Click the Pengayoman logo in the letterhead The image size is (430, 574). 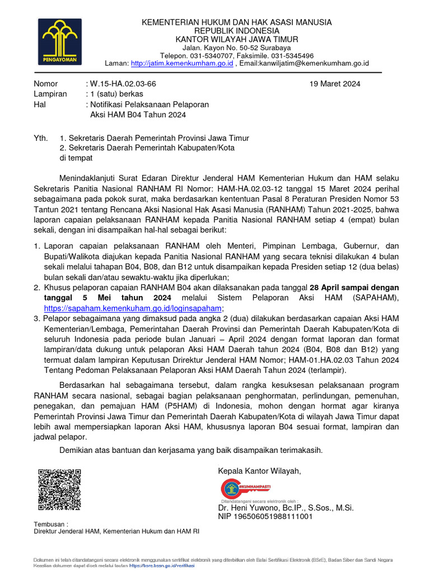60,41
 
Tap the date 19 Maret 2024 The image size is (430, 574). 335,84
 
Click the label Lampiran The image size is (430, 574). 50,94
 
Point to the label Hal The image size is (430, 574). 40,104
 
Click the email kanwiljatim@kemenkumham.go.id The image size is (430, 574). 305,64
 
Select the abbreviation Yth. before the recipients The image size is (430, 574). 41,138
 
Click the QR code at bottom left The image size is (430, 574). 59,489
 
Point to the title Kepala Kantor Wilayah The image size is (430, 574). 259,470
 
